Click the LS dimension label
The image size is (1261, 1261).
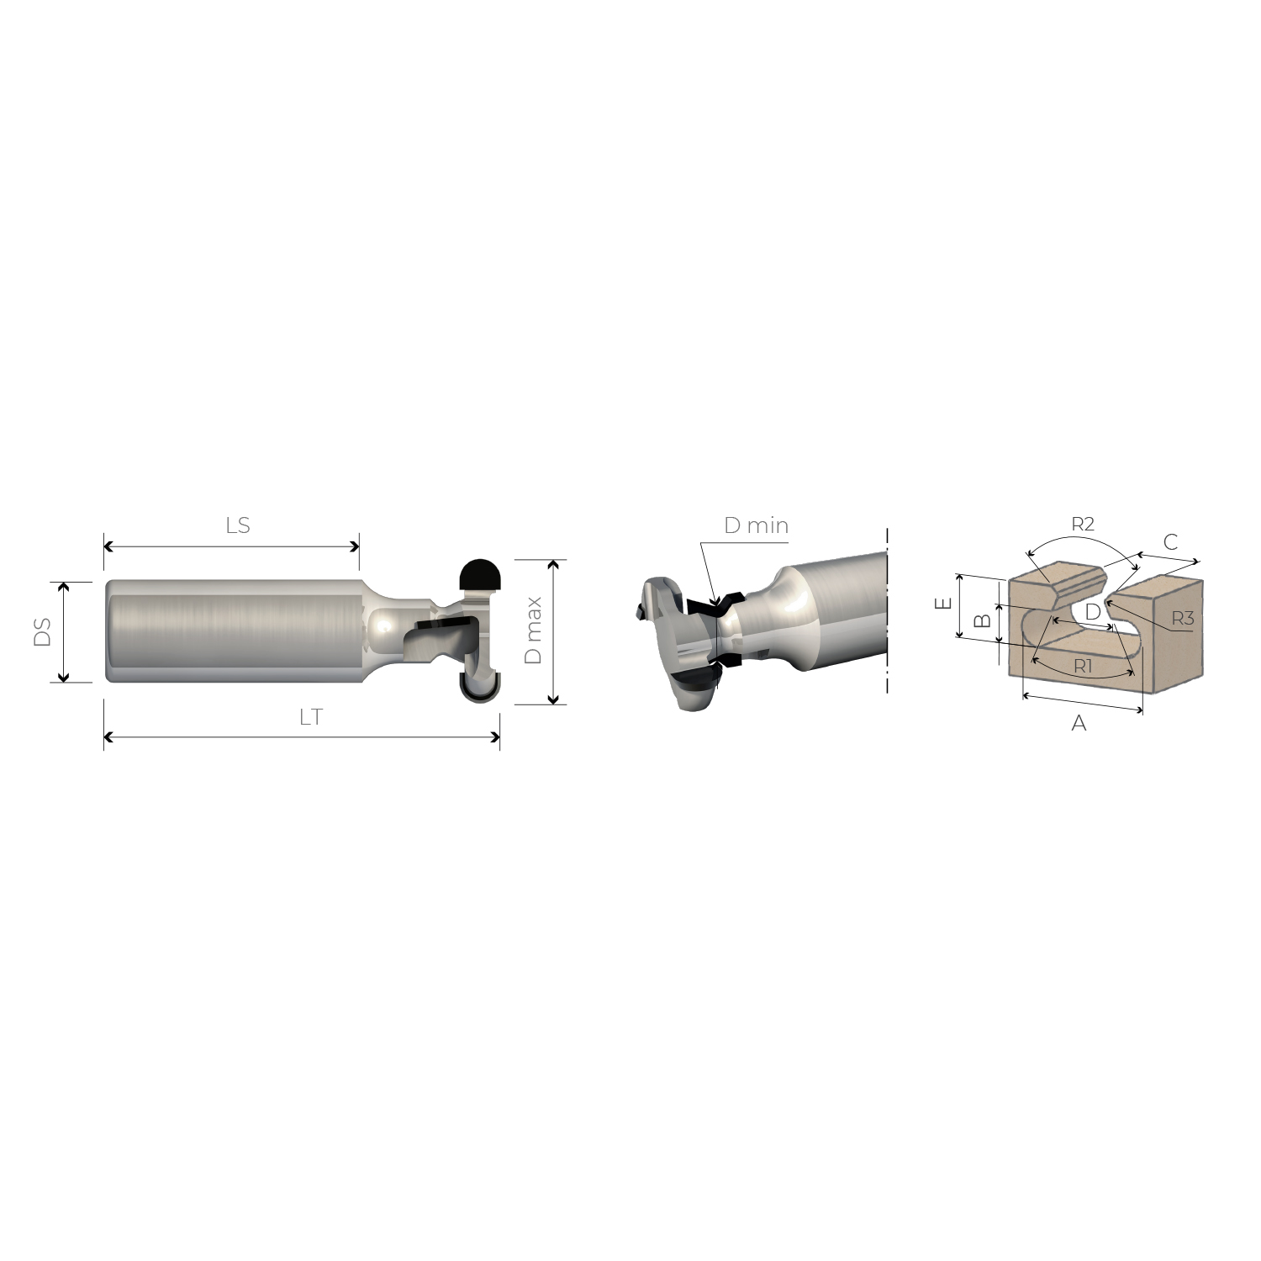238,525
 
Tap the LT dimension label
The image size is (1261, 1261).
310,717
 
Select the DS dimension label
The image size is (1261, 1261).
42,632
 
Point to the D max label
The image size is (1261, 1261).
533,631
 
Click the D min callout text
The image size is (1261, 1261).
756,526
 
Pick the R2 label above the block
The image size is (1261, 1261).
1083,524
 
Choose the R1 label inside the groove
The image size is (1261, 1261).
1083,667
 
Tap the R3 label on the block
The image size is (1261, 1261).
1182,619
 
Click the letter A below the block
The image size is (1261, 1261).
1079,723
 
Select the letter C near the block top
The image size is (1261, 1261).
1170,542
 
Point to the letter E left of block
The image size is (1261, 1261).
944,603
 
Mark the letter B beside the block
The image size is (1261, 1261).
981,621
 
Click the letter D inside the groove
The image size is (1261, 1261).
1092,612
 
